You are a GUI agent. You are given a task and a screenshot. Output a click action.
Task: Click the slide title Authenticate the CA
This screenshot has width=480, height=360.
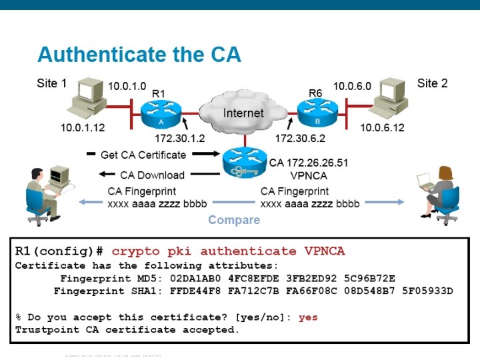139,55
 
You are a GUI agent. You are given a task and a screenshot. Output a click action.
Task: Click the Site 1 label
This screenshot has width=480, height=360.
52,84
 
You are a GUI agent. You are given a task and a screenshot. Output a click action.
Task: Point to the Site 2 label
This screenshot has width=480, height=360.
433,83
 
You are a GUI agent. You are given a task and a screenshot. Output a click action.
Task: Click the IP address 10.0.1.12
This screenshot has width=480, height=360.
83,127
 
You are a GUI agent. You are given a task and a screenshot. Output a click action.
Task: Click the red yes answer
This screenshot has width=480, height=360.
308,317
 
